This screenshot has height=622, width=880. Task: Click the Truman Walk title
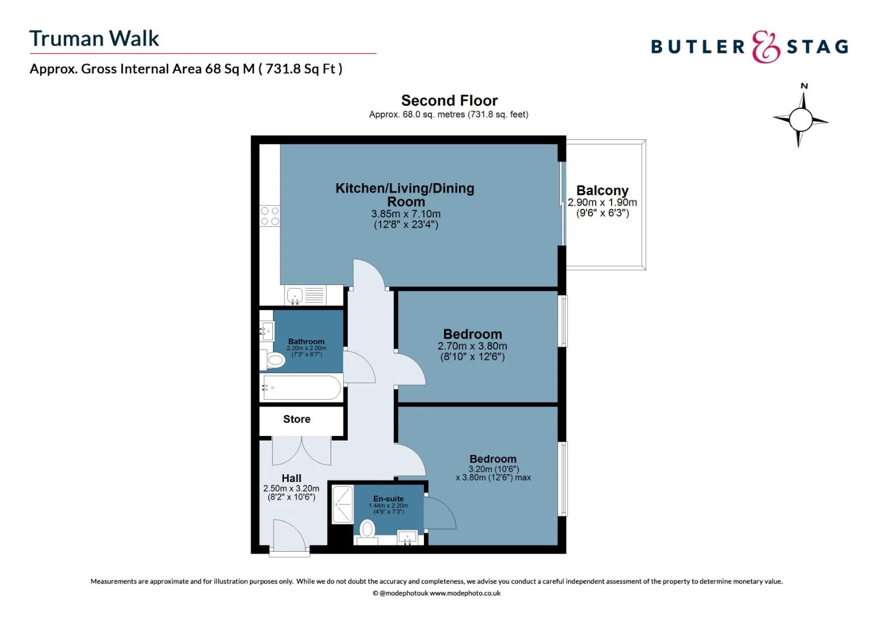[x=94, y=39]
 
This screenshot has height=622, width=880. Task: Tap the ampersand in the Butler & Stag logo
[x=765, y=47]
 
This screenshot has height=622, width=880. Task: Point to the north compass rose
[x=801, y=119]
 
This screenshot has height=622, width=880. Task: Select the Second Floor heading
[x=449, y=100]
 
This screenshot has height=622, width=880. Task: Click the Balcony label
[x=602, y=191]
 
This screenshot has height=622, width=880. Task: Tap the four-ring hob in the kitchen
[x=270, y=217]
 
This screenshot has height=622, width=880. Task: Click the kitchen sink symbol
[x=295, y=296]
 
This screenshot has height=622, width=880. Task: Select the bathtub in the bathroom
[x=301, y=388]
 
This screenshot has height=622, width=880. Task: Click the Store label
[x=297, y=419]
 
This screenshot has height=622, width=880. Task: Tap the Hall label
[x=291, y=478]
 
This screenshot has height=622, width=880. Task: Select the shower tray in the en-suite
[x=342, y=505]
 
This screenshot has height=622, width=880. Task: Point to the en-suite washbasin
[x=407, y=537]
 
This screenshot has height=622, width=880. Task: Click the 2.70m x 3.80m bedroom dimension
[x=472, y=346]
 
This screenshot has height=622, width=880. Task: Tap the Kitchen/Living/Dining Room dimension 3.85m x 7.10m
[x=406, y=214]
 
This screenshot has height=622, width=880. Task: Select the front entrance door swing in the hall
[x=290, y=536]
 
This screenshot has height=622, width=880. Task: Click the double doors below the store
[x=301, y=450]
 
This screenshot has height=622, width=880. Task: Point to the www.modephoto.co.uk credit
[x=465, y=593]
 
